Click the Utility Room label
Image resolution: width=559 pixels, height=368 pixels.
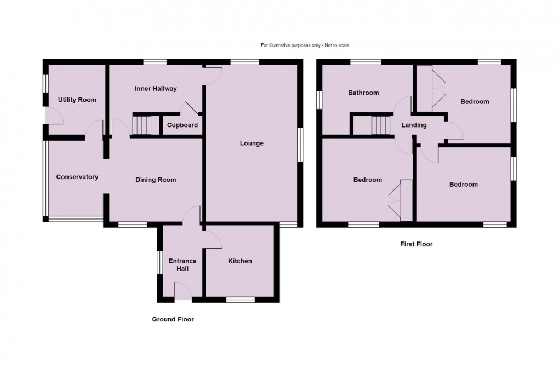click(77, 100)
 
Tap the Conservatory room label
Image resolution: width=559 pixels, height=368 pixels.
click(77, 177)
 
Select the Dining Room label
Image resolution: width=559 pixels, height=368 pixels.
click(156, 180)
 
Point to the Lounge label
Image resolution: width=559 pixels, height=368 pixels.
click(252, 143)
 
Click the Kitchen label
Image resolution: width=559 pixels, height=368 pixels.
click(240, 261)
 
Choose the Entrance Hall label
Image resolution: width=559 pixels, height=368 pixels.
click(182, 264)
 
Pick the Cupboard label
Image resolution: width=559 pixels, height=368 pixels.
click(182, 125)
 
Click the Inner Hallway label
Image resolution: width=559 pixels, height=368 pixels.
click(156, 88)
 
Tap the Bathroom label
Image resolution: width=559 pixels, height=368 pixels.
click(363, 93)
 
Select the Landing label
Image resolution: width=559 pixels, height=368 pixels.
click(414, 125)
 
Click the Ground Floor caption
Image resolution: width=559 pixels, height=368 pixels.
click(173, 319)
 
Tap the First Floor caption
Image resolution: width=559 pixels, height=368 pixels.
click(416, 244)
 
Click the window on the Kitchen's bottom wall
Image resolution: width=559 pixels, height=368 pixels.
click(241, 300)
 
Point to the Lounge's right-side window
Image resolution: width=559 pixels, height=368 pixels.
click(300, 145)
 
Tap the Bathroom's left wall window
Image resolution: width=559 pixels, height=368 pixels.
click(320, 99)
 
